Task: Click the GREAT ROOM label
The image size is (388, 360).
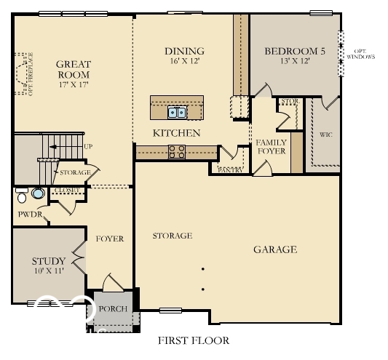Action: point(73,69)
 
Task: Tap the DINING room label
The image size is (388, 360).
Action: point(184,51)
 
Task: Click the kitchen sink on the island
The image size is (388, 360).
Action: point(176,112)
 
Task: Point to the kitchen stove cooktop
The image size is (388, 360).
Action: point(176,151)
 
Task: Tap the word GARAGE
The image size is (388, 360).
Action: point(274,249)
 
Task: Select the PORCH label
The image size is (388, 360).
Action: point(113,309)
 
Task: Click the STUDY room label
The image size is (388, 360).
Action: point(49,261)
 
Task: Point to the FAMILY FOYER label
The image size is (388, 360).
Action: point(271,147)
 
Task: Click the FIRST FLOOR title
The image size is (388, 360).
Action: point(194,340)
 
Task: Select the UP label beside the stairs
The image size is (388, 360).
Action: point(88,147)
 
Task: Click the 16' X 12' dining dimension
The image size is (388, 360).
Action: point(184,62)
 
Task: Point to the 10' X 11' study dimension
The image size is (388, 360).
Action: point(49,271)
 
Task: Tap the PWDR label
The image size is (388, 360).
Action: point(30,215)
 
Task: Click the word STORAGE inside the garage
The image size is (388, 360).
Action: point(172,236)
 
